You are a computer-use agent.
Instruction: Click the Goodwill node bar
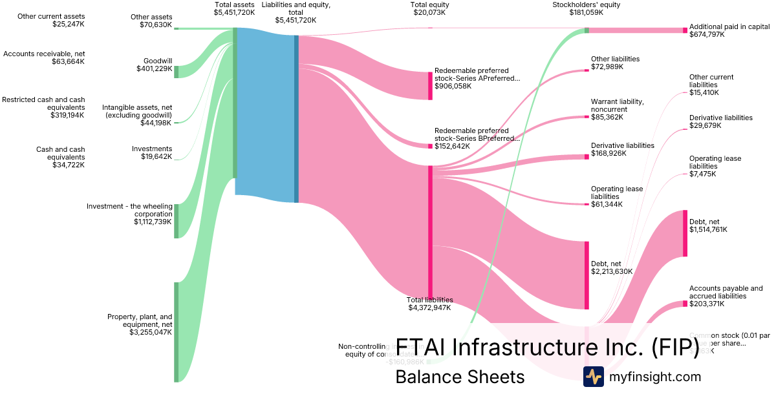[176, 72]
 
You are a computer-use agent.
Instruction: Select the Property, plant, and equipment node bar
[176, 332]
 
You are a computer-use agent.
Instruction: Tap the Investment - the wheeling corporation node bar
[176, 221]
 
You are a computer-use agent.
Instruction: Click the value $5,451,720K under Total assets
[234, 12]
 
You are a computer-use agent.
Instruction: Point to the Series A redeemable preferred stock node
[430, 85]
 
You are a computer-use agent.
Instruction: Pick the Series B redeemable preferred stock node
[430, 146]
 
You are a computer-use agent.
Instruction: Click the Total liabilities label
[429, 300]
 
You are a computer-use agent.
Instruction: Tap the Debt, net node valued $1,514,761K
[685, 233]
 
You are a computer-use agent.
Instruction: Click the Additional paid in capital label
[729, 26]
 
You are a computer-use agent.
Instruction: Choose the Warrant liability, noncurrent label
[617, 105]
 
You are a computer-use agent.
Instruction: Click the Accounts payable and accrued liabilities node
[685, 304]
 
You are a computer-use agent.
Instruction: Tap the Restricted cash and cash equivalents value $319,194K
[67, 115]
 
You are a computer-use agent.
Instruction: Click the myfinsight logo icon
[593, 377]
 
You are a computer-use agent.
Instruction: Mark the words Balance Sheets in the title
[460, 377]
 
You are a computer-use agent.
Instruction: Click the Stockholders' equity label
[577, 5]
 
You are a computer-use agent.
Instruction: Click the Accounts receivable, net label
[44, 54]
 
